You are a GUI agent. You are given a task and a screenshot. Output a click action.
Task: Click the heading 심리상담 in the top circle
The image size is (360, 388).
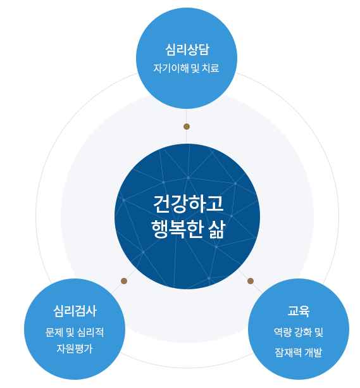point(187,49)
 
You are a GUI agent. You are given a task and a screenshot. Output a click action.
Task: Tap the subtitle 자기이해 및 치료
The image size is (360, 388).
point(186,68)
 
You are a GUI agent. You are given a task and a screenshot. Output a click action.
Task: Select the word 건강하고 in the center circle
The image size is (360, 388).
point(188,204)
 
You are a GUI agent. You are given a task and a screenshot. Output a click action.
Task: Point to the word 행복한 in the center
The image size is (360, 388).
point(178,229)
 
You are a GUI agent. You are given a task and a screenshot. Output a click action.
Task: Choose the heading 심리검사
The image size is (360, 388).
point(75,311)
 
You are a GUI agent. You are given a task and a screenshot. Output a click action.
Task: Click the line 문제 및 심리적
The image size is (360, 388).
point(75,332)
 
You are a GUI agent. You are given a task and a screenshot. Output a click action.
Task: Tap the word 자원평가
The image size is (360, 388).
point(75,348)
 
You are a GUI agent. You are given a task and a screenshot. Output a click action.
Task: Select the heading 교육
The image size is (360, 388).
point(299,311)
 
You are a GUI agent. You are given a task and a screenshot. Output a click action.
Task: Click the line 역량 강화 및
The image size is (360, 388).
point(299,332)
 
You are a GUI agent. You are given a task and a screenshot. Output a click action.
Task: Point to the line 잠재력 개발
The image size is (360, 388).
point(299,353)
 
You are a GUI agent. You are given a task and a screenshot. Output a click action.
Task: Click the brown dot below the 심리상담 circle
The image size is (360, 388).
point(187,127)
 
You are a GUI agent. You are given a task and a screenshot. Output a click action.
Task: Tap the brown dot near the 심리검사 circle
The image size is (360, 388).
point(124,281)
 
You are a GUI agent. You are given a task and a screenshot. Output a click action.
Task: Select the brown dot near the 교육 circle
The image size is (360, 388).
point(251,281)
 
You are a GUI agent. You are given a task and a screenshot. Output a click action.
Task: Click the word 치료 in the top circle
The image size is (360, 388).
point(211,68)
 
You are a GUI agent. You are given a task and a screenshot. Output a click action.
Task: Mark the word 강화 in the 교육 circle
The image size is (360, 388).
point(303,332)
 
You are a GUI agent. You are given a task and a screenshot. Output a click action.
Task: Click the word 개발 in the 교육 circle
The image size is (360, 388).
point(313,353)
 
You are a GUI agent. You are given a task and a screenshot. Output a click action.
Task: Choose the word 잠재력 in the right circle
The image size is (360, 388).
point(288,353)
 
